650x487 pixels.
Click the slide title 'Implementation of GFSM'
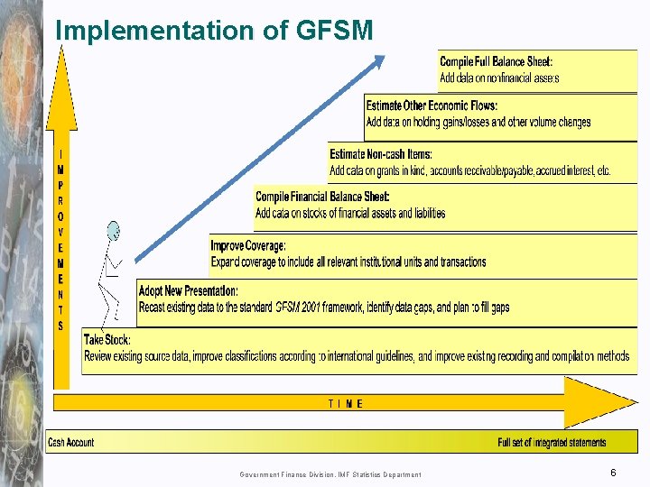point(214,31)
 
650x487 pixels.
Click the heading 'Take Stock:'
point(107,340)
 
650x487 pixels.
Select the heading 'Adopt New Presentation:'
point(189,291)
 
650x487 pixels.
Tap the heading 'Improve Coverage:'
point(248,245)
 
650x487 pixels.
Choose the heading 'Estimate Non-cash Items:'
point(381,155)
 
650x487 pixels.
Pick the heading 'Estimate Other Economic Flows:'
point(432,106)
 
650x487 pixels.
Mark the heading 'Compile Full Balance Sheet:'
point(496,62)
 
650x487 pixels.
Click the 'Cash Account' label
point(70,443)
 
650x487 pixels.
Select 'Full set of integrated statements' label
point(552,443)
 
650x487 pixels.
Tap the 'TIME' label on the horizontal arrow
point(345,404)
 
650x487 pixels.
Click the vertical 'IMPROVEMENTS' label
point(60,240)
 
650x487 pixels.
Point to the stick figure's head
point(113,231)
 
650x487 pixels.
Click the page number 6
point(613,473)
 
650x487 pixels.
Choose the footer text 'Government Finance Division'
point(288,474)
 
